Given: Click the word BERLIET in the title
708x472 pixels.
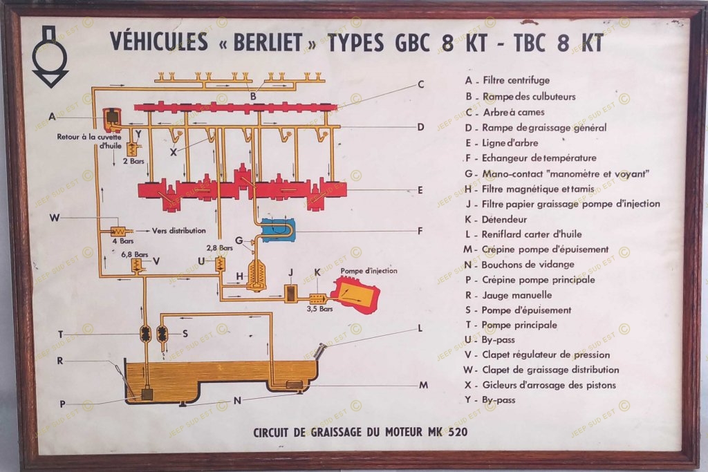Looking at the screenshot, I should pos(264,42).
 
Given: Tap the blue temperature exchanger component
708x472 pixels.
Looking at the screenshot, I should pos(277,229).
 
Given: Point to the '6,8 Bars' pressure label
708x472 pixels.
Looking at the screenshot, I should pos(135,254).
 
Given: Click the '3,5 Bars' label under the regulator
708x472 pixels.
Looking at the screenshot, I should pos(320,309).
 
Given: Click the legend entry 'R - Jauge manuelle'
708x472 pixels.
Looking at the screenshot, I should pos(508,295).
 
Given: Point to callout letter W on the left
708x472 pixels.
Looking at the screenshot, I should pos(55,219).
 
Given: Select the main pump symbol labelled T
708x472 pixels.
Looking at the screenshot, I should pos(146,334).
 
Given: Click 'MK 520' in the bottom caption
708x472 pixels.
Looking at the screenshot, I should pos(447,434).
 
